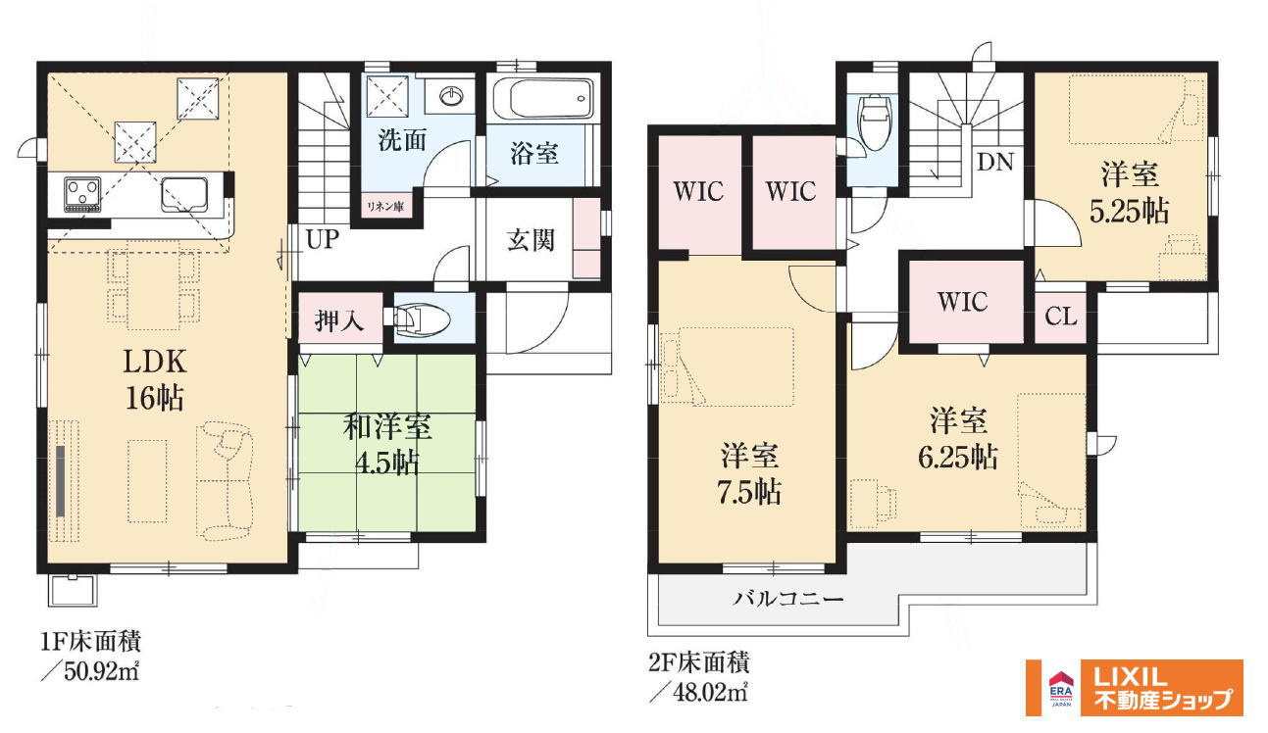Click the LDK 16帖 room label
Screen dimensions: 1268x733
(x=155, y=379)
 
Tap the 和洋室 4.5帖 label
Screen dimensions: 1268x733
(x=387, y=444)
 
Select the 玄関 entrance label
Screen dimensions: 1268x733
(x=531, y=240)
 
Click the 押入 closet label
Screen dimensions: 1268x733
(x=339, y=321)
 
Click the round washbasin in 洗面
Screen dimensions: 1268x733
(x=451, y=96)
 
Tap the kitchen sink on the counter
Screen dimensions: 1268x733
(x=184, y=195)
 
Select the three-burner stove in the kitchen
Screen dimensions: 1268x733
(x=82, y=194)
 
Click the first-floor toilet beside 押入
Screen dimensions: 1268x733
(x=418, y=320)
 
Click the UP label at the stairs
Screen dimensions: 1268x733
(x=323, y=239)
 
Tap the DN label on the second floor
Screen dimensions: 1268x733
(x=995, y=163)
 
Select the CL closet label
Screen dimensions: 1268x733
(x=1061, y=317)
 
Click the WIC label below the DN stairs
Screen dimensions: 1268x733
(x=963, y=302)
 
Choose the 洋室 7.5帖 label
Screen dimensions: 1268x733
(x=749, y=474)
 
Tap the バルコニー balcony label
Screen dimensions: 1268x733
(x=788, y=599)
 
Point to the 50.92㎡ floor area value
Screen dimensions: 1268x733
(x=101, y=671)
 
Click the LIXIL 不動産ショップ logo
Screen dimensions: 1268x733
(x=1135, y=688)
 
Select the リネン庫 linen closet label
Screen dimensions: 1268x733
(x=385, y=207)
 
